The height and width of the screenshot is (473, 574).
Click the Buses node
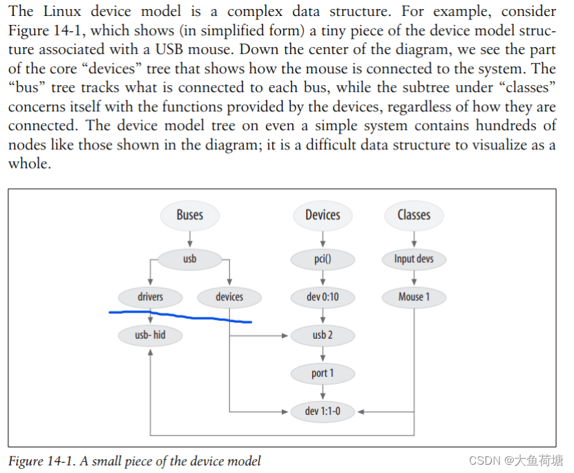(x=189, y=214)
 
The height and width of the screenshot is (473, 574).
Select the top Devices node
(x=323, y=214)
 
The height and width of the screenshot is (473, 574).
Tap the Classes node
(x=414, y=214)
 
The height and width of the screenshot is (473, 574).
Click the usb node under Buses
(x=189, y=259)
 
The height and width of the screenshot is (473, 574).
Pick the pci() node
(x=323, y=259)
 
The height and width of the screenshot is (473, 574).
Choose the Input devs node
(x=414, y=259)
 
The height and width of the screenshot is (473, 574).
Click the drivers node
(x=151, y=297)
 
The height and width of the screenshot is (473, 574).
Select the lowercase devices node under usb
(x=229, y=297)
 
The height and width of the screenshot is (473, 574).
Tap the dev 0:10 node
(x=323, y=297)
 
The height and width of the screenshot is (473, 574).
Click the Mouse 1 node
(x=414, y=297)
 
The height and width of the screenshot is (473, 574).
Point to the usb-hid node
(x=151, y=336)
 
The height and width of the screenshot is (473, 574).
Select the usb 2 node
(x=323, y=336)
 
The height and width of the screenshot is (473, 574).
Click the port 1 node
(x=323, y=373)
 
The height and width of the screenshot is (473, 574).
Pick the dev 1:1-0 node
(x=323, y=411)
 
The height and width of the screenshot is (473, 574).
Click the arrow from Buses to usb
(x=189, y=239)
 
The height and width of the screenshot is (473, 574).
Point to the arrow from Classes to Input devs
(x=414, y=239)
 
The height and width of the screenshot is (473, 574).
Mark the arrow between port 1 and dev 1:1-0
(x=323, y=393)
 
